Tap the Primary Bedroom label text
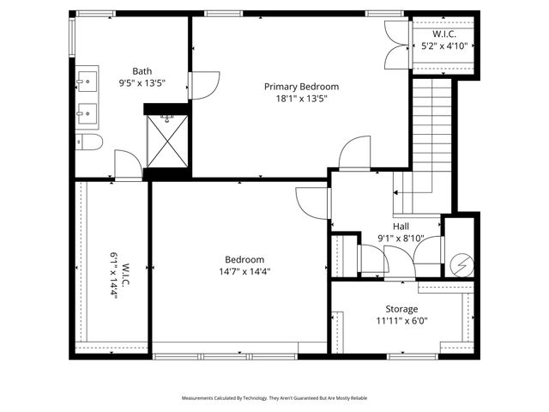[x=301, y=87]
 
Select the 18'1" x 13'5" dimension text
[x=301, y=99]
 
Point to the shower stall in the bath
[x=168, y=142]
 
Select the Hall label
[x=401, y=227]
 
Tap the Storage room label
[x=401, y=309]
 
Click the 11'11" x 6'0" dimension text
[x=401, y=321]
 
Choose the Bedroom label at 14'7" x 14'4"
[x=244, y=259]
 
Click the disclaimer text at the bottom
[x=274, y=398]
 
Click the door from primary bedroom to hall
[x=354, y=154]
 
